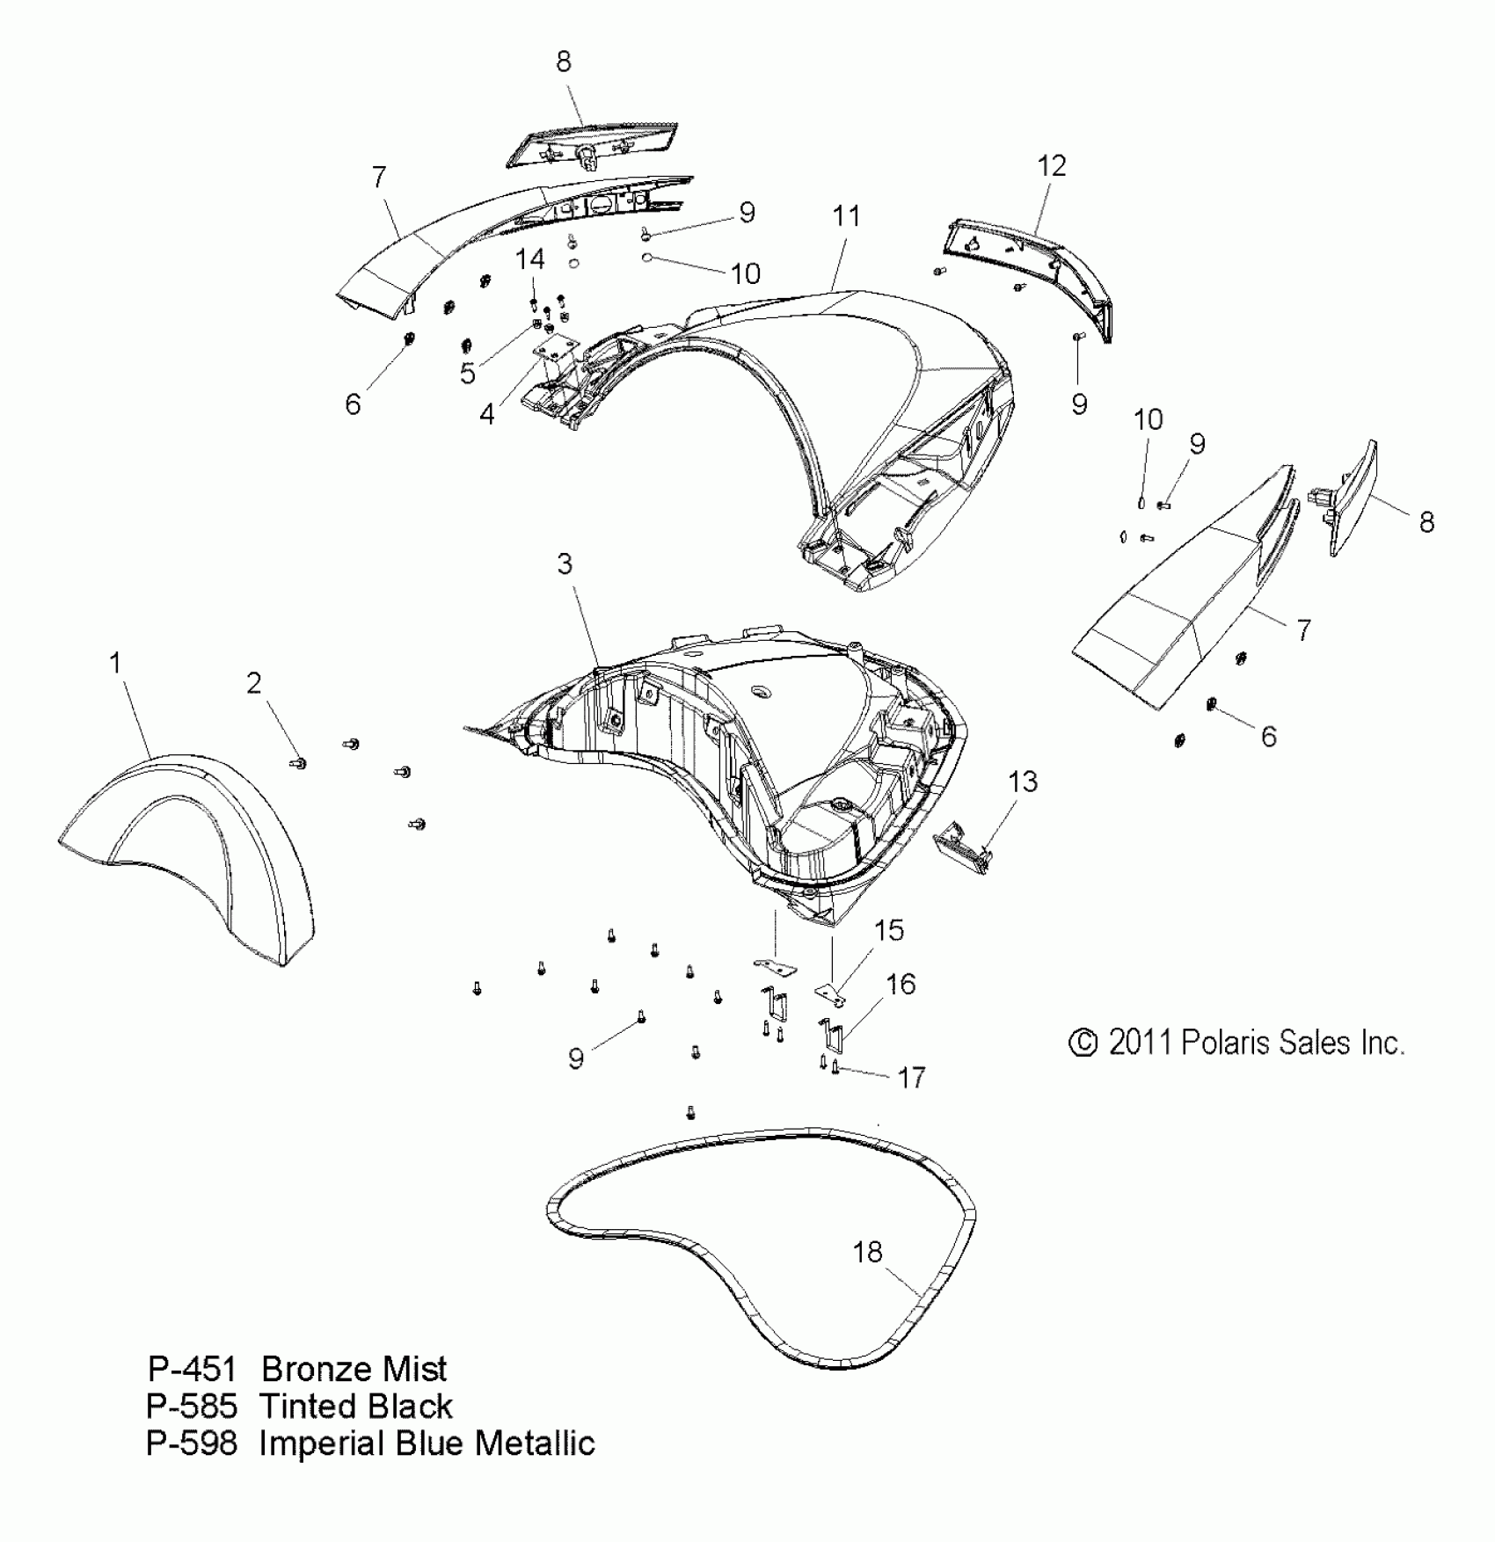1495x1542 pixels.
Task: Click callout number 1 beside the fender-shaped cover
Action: pyautogui.click(x=114, y=663)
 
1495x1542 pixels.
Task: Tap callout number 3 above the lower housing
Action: pyautogui.click(x=565, y=564)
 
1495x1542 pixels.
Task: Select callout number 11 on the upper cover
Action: pyautogui.click(x=846, y=216)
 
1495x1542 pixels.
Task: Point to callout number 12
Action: pyautogui.click(x=1052, y=166)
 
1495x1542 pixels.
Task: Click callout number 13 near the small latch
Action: pyautogui.click(x=1023, y=782)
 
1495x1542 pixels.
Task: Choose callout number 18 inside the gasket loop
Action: pyautogui.click(x=867, y=1252)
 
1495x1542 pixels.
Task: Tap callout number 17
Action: pyautogui.click(x=911, y=1077)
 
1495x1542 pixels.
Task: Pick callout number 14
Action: pyautogui.click(x=529, y=259)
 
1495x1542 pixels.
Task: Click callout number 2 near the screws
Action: pyautogui.click(x=253, y=683)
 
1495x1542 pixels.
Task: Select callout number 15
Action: pyautogui.click(x=889, y=930)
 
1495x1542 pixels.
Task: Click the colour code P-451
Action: pyautogui.click(x=192, y=1370)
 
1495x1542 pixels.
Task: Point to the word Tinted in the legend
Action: pyautogui.click(x=304, y=1407)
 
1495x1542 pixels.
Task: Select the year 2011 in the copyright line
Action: pyautogui.click(x=1141, y=1043)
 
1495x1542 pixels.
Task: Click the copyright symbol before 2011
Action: pyautogui.click(x=1083, y=1044)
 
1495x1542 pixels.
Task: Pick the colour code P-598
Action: pyautogui.click(x=192, y=1444)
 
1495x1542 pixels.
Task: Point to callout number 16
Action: pyautogui.click(x=901, y=985)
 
